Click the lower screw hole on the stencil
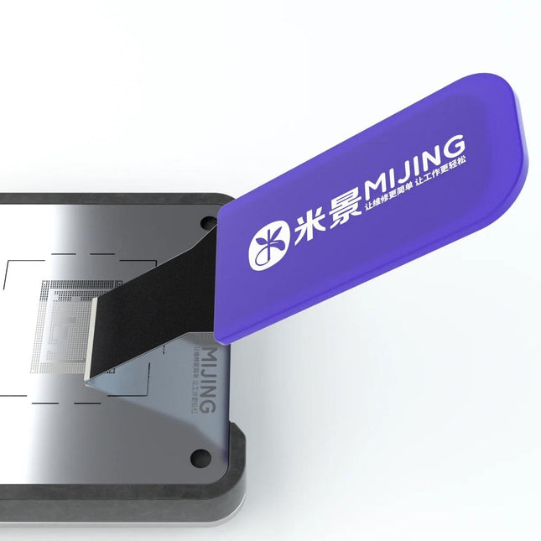200,457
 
